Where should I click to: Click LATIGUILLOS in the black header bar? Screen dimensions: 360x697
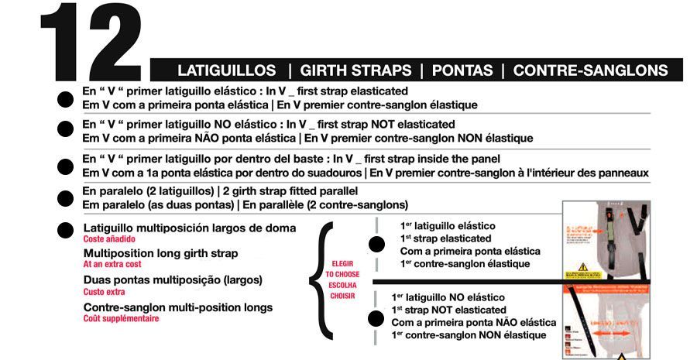[x=228, y=70]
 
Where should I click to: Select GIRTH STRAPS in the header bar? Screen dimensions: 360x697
[x=355, y=70]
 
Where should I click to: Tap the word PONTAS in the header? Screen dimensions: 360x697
[x=462, y=70]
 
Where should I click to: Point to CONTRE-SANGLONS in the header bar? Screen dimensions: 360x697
[x=590, y=70]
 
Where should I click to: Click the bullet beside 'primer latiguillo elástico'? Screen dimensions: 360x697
[x=65, y=98]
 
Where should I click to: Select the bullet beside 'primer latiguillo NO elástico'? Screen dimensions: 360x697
[x=65, y=132]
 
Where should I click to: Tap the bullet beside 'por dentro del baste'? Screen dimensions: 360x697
[x=65, y=166]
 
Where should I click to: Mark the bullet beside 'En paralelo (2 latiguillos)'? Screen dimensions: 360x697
[x=65, y=198]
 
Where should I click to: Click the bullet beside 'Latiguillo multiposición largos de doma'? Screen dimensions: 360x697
[x=65, y=229]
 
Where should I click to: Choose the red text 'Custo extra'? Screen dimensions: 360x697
[x=104, y=292]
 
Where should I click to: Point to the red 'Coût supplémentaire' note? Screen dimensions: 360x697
[x=121, y=318]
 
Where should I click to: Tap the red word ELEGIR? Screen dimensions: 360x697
[x=342, y=263]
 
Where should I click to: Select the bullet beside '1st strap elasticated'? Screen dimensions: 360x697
[x=377, y=245]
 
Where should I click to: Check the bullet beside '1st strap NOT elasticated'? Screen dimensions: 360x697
[x=377, y=317]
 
